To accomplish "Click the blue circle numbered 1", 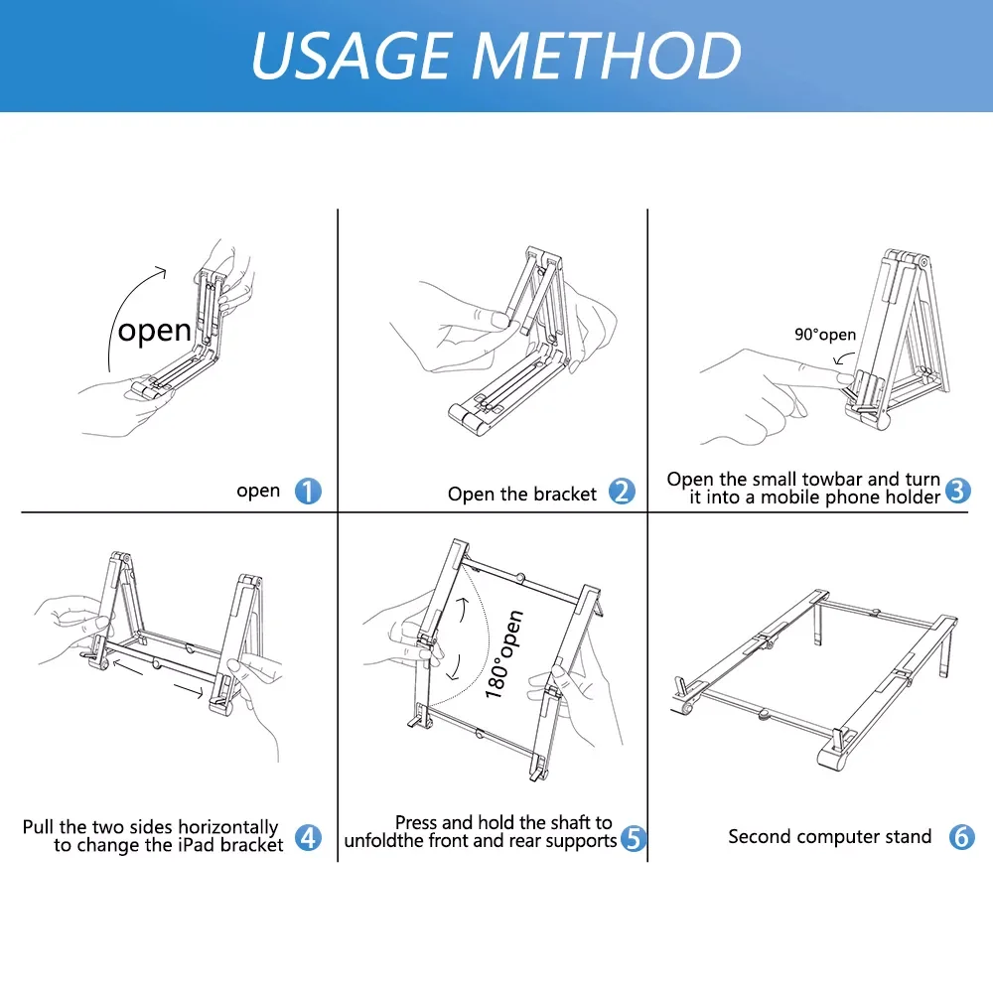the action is (x=308, y=491).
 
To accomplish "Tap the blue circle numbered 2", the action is (x=622, y=491).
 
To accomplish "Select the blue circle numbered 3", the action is (x=957, y=491).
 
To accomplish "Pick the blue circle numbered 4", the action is (x=309, y=837).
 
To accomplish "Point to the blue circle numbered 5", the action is (x=634, y=838).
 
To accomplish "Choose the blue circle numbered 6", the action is (x=961, y=836).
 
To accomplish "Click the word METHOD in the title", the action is (x=606, y=56).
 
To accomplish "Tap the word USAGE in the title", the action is (x=352, y=56).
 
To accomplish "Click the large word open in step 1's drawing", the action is (x=155, y=332).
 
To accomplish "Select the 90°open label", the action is (x=825, y=335).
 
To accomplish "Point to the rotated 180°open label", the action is (x=504, y=654).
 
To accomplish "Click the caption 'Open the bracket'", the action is (x=522, y=494).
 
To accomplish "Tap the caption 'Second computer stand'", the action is (x=829, y=836).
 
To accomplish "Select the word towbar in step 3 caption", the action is (x=831, y=479).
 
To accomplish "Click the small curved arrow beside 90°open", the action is (x=843, y=357).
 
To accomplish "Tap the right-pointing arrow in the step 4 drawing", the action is (x=188, y=690).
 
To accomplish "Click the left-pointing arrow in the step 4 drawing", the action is (x=128, y=667).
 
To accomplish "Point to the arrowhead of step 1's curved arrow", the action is (x=163, y=272).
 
